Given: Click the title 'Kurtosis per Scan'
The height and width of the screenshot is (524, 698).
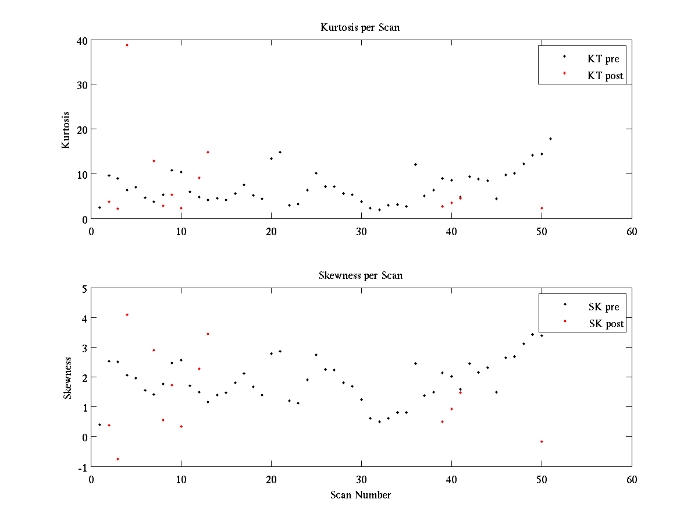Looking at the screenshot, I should point(360,27).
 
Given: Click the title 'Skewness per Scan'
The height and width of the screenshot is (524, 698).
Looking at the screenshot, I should point(360,275).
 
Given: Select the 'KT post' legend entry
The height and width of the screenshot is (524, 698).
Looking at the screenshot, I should point(605,75).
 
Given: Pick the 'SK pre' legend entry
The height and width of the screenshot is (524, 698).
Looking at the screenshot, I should point(604,307).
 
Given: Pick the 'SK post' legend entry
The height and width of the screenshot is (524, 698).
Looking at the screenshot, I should point(606,324).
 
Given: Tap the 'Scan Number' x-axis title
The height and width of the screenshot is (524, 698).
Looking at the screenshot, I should point(361,495).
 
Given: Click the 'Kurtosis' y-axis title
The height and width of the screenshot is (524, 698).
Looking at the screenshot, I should point(66,129).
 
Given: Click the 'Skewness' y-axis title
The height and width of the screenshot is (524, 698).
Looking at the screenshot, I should point(67,378).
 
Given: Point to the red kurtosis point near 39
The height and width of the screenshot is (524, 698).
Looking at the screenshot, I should point(127,45).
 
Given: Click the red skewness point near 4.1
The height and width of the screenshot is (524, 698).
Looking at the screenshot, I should point(127,314).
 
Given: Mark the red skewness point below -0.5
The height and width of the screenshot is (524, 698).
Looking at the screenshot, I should point(117,459).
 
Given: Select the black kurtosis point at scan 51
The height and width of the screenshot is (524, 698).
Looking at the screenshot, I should point(550,139).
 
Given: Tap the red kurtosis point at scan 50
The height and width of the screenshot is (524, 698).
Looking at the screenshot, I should point(542,208).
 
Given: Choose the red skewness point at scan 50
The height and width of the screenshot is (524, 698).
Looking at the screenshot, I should point(542,441).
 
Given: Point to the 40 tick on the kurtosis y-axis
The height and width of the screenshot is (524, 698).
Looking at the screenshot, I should point(81,40).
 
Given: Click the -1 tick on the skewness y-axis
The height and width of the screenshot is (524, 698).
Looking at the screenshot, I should point(83,467).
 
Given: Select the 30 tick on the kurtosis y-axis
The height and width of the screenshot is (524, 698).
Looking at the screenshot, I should point(81,84).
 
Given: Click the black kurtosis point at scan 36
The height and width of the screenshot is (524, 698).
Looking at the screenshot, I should point(415,164).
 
